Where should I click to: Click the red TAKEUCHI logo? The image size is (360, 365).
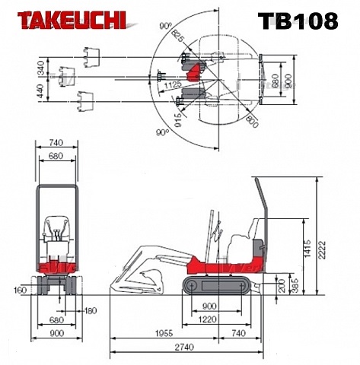pos(72,21)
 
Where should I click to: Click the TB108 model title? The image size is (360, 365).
pos(298,21)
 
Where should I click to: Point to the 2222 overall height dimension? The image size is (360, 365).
pos(322,249)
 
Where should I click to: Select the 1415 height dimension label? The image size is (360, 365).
pos(307,249)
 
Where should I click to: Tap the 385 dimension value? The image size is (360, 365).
pos(295,286)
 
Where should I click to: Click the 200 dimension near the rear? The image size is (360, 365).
pos(282,286)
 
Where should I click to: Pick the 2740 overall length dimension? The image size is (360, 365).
pos(184,347)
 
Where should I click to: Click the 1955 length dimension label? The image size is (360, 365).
pos(164,333)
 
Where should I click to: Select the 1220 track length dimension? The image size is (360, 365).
pos(207,319)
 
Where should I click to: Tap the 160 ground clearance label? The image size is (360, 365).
pos(21,290)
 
